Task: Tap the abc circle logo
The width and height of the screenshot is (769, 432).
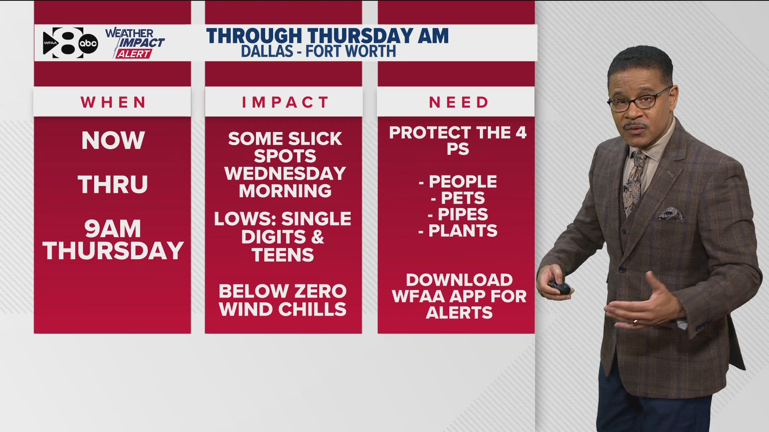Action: click(x=88, y=43)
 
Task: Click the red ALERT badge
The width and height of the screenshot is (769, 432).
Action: click(x=134, y=54)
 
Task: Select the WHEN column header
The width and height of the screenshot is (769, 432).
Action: click(x=113, y=102)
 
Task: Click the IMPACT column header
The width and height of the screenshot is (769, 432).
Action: click(x=285, y=102)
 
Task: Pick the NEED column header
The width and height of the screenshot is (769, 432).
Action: click(x=459, y=102)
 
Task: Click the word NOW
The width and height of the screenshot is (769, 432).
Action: click(x=113, y=140)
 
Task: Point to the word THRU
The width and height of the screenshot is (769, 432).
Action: click(x=113, y=184)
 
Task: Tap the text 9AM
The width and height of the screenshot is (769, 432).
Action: click(x=113, y=229)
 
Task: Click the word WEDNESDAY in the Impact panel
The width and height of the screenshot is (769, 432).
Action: click(x=285, y=174)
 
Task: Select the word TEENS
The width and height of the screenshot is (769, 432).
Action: click(x=283, y=255)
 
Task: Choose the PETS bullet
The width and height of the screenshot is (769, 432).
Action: click(x=458, y=198)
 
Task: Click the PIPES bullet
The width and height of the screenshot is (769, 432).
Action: click(x=458, y=214)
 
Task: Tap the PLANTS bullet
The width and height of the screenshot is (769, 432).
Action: click(x=458, y=231)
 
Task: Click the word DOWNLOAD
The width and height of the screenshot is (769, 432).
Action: click(x=459, y=280)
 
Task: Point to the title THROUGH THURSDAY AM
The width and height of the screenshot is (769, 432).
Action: click(x=327, y=36)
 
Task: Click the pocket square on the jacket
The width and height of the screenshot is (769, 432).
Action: click(x=670, y=214)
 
